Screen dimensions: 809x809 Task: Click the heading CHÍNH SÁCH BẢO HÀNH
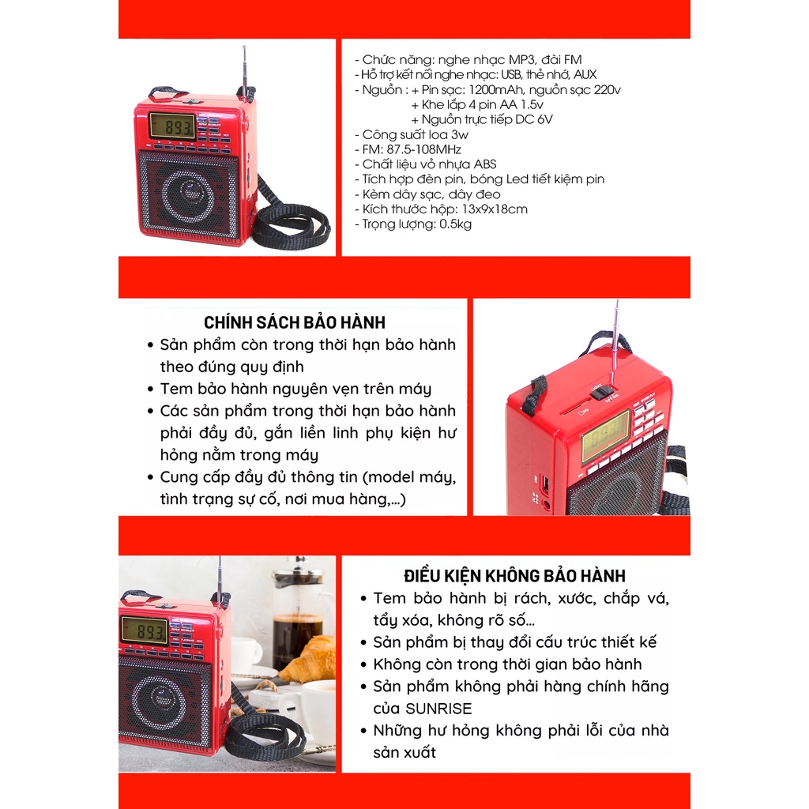click(x=295, y=322)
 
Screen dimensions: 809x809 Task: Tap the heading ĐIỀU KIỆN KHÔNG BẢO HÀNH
click(x=514, y=576)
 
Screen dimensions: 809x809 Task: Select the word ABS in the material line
click(x=485, y=164)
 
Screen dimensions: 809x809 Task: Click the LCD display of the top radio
click(x=173, y=126)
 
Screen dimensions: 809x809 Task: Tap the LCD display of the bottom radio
click(x=144, y=630)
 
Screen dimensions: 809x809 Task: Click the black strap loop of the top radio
click(x=290, y=224)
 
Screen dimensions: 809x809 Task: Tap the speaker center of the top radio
click(x=188, y=194)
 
